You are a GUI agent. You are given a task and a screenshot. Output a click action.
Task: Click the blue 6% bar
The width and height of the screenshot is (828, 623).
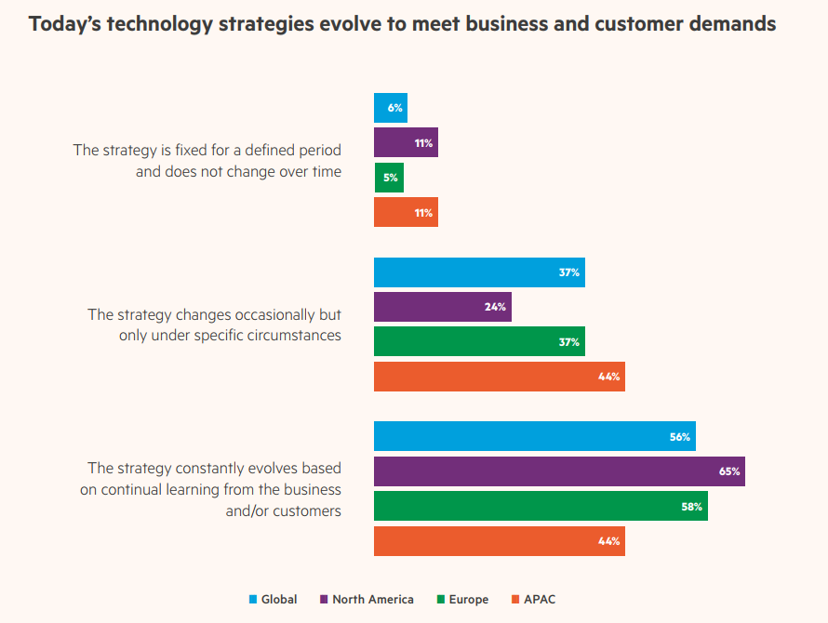(390, 108)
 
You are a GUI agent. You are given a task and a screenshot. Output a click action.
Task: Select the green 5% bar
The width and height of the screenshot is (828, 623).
(389, 178)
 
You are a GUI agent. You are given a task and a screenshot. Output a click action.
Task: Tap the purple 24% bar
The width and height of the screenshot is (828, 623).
(442, 307)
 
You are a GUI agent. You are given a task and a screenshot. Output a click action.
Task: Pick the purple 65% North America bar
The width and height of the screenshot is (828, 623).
(558, 471)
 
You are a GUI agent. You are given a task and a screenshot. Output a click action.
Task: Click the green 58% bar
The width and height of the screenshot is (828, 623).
(540, 506)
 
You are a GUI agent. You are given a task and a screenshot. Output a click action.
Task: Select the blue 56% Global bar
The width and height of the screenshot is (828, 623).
(534, 437)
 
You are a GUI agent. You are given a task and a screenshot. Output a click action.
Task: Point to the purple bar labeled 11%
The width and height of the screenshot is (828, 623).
(405, 143)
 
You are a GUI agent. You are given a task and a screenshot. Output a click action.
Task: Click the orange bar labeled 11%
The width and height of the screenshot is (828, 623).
(405, 213)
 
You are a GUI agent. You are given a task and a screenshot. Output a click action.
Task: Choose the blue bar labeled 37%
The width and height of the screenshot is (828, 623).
(478, 272)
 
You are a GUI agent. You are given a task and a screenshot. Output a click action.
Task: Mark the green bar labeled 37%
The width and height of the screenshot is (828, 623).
(478, 341)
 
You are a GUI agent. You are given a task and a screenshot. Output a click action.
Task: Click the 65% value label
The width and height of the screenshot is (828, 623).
(729, 471)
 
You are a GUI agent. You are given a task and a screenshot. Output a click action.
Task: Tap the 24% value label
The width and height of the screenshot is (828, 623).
(496, 307)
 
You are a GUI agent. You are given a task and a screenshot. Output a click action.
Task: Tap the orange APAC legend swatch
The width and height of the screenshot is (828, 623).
(516, 600)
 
